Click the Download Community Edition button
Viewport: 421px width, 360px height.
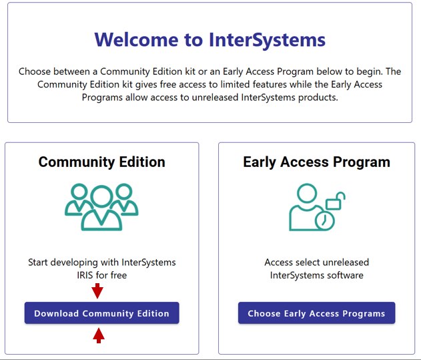click(101, 313)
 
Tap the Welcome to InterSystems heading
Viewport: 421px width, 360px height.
click(209, 39)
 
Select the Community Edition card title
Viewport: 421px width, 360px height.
click(101, 162)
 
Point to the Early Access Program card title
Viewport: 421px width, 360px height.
click(316, 162)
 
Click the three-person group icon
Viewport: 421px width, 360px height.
click(101, 206)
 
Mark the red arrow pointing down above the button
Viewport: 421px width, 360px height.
click(97, 291)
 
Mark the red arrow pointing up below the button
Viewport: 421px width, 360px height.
click(99, 335)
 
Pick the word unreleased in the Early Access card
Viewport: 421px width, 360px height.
click(344, 262)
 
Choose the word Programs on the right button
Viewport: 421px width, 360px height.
click(364, 313)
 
